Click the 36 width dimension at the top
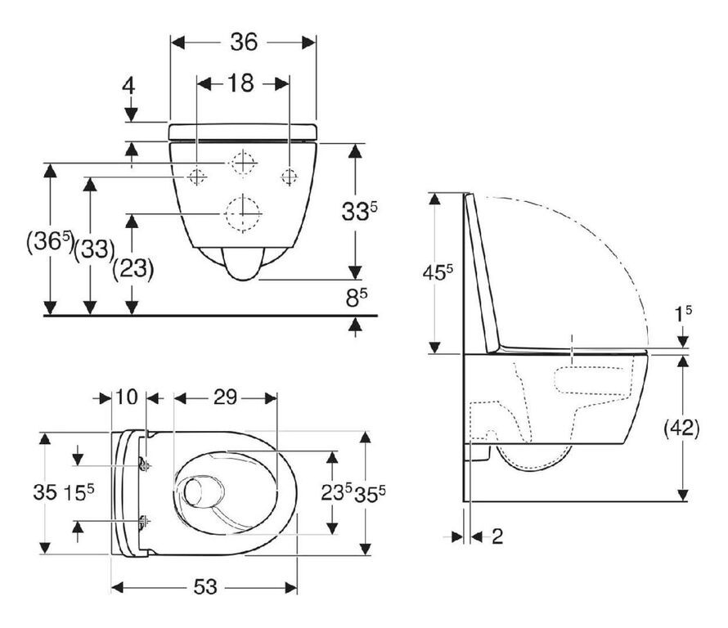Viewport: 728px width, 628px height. (243, 41)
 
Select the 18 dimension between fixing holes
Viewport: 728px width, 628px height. (241, 83)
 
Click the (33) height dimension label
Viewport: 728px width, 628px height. (93, 249)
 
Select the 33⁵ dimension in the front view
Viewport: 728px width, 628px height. (357, 213)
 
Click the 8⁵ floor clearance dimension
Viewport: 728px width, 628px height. (353, 297)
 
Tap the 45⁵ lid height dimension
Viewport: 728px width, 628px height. (438, 271)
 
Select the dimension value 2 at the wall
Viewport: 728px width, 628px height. (497, 536)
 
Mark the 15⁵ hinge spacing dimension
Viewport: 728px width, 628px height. (79, 492)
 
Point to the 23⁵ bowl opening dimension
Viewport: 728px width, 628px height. (336, 492)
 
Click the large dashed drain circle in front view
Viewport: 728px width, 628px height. (241, 214)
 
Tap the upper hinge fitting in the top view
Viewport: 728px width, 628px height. (144, 464)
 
